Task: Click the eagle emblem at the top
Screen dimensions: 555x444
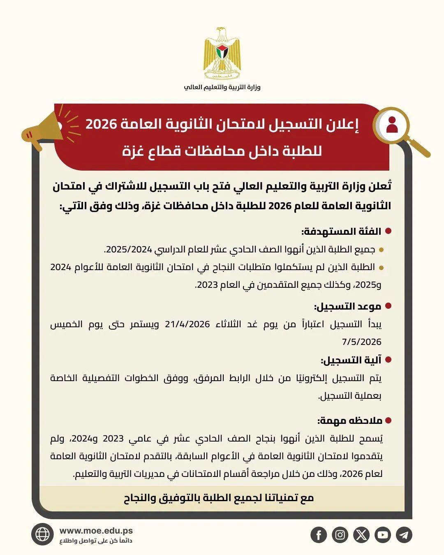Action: tap(222, 53)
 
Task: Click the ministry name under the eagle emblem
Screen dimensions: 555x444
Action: tap(222, 87)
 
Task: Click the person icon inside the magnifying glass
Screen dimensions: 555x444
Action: tap(392, 125)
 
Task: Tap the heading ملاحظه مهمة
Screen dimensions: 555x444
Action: tap(350, 421)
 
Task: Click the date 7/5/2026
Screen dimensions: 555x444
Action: tap(362, 342)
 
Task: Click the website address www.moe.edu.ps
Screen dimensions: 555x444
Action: tap(96, 531)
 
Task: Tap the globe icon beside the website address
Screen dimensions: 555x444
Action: tap(42, 534)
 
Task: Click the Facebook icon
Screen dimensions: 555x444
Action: tap(319, 535)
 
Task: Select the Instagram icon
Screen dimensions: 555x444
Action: tap(340, 535)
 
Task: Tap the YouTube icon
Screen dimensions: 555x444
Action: tap(383, 535)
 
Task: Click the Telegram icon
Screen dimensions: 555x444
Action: tap(404, 535)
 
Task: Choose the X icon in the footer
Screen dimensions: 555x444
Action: tap(361, 535)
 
